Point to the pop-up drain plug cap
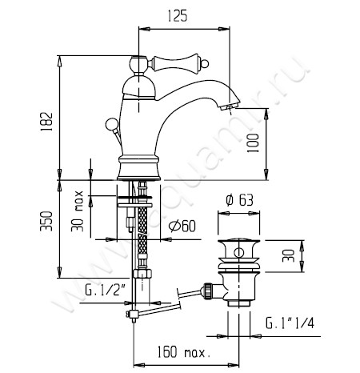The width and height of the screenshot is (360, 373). [235, 241]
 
